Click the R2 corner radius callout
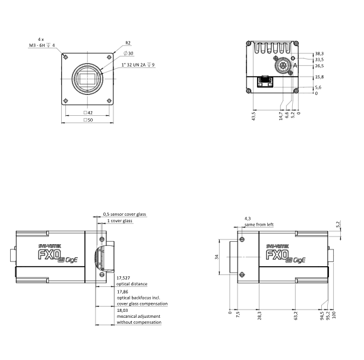pyautogui.click(x=128, y=43)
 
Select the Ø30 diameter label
pyautogui.click(x=129, y=53)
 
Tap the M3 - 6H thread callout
pyautogui.click(x=37, y=45)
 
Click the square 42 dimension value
pyautogui.click(x=88, y=113)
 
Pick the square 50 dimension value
pyautogui.click(x=88, y=120)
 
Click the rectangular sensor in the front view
pyautogui.click(x=87, y=79)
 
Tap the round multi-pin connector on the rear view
pyautogui.click(x=283, y=66)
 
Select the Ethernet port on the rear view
pyautogui.click(x=265, y=82)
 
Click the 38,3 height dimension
pyautogui.click(x=319, y=53)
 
